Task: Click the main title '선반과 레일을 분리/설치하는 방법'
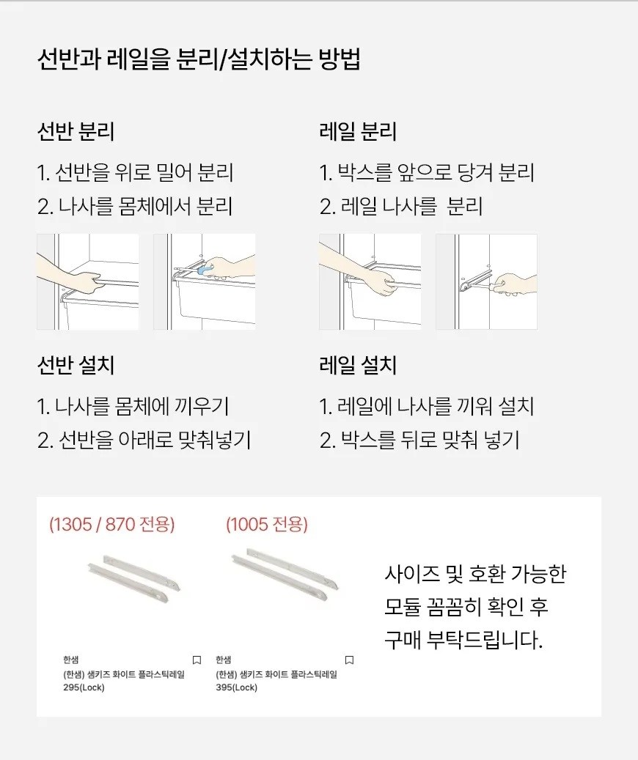(x=199, y=60)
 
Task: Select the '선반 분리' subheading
(x=76, y=131)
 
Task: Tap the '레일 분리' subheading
(x=358, y=131)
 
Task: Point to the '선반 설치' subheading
(x=76, y=365)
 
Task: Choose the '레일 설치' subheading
(x=358, y=365)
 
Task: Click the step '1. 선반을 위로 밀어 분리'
(x=136, y=172)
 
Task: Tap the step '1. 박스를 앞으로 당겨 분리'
(x=427, y=172)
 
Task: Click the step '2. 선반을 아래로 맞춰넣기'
(x=144, y=440)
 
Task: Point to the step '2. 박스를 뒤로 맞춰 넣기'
(x=419, y=440)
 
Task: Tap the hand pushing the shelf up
(x=73, y=276)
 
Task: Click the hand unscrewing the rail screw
(x=514, y=285)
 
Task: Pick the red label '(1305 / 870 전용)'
(x=112, y=525)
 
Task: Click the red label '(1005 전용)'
(x=267, y=525)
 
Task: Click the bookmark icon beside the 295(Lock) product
(x=197, y=660)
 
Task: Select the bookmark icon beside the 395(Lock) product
(x=349, y=660)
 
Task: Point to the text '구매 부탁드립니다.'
(x=463, y=641)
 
